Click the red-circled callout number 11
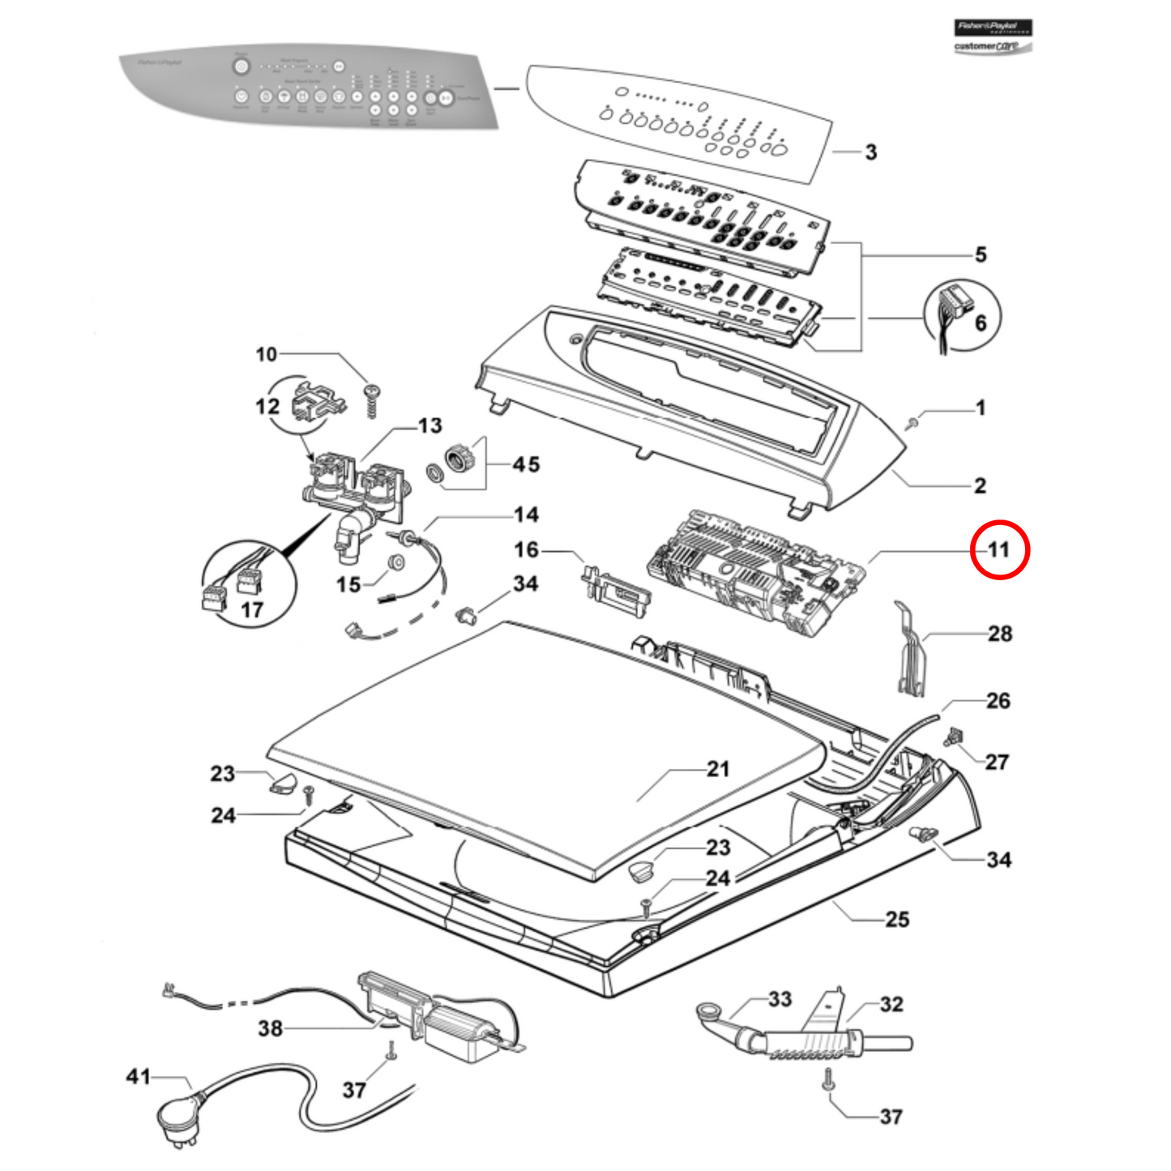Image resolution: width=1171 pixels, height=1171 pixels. [x=999, y=550]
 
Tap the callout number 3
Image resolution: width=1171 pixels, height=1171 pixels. [x=871, y=152]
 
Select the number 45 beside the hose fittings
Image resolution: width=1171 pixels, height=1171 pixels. [x=526, y=464]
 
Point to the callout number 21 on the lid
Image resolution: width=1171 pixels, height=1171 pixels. [x=718, y=769]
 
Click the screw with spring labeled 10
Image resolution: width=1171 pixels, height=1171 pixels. [x=373, y=400]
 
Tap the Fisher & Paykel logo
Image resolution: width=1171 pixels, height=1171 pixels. [x=993, y=28]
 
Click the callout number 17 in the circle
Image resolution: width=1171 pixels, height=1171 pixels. [x=252, y=610]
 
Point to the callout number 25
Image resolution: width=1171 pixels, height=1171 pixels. [x=897, y=919]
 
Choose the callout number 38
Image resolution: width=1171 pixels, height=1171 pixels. [x=270, y=1028]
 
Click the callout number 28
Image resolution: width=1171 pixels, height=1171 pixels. [x=1000, y=634]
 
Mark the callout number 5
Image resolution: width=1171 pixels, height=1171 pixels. [x=981, y=255]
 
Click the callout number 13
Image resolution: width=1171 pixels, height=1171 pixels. [x=430, y=425]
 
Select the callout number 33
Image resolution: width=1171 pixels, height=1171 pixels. [x=780, y=999]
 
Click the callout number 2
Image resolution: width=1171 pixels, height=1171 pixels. [x=980, y=485]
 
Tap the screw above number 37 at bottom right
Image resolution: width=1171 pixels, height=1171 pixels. [x=828, y=1079]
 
